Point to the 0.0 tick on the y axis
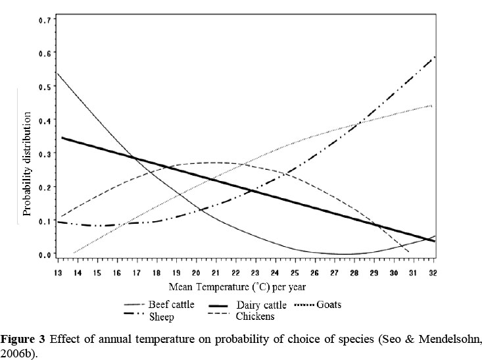click(44, 255)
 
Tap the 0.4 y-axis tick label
click(44, 120)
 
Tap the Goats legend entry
click(328, 305)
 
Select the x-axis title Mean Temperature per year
click(237, 287)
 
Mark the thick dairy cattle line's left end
click(62, 138)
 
